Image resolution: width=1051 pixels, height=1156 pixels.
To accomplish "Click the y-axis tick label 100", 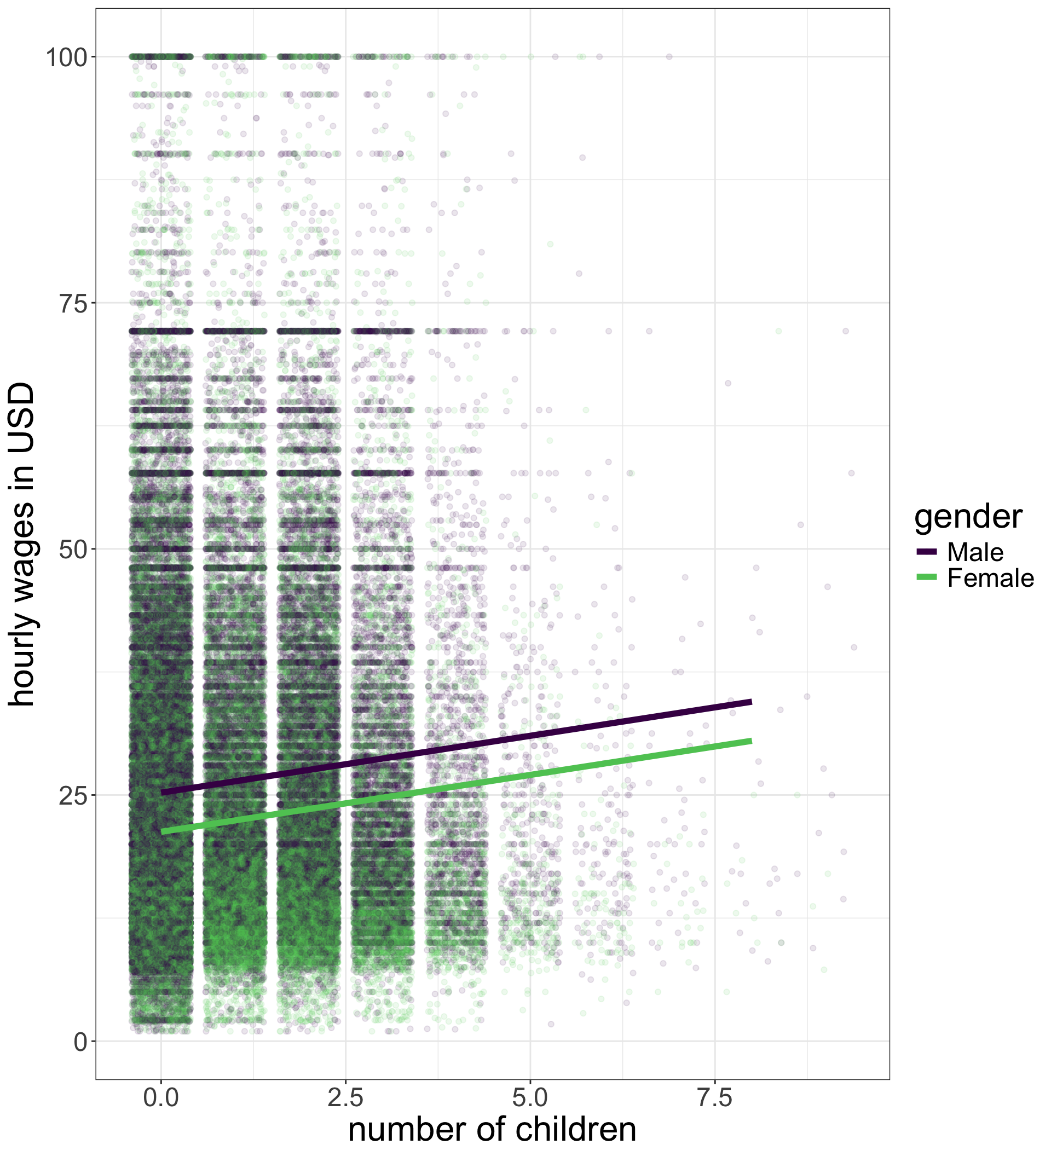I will point(67,57).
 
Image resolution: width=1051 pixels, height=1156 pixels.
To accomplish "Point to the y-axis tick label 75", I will point(74,303).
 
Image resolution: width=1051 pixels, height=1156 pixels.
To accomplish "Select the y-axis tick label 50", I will point(74,550).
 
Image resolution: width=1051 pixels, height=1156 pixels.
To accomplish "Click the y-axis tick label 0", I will point(81,1042).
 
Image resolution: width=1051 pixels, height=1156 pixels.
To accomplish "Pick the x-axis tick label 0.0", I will point(161,1097).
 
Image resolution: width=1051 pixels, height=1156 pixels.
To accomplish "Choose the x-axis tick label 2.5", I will point(346,1097).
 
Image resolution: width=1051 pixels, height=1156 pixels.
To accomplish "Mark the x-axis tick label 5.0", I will point(530,1097).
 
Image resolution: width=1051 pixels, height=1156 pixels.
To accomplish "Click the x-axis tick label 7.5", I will point(715,1097).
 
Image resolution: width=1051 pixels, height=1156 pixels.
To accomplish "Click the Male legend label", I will point(975,552).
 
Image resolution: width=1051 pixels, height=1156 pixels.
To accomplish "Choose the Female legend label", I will point(990,578).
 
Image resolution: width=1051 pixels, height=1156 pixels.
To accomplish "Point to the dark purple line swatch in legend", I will point(927,552).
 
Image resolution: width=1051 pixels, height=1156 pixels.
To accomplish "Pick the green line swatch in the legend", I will point(927,577).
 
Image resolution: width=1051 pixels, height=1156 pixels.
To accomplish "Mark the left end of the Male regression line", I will point(161,793).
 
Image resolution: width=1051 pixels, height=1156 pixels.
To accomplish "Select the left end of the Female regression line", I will point(161,831).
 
